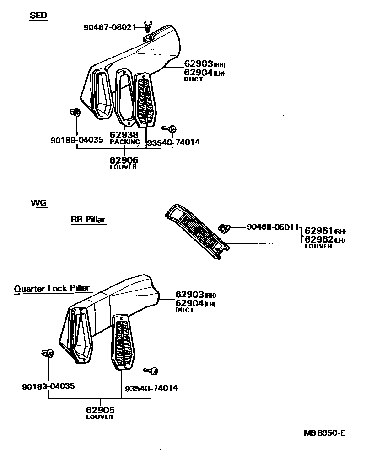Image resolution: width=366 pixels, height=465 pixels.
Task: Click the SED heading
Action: pos(38,16)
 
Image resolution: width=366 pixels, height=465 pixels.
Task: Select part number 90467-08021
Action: pos(110,27)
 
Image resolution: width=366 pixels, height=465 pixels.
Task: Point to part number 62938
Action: pos(124,135)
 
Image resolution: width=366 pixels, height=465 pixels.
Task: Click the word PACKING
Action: pos(124,142)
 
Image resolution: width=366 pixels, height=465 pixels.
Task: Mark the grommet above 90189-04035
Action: pos(75,112)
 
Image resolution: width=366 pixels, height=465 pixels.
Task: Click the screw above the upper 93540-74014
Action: pos(172,129)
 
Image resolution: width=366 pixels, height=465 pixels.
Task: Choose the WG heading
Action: pos(38,203)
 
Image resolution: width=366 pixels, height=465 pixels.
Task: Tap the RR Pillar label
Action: pos(88,220)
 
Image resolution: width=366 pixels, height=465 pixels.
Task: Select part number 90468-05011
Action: pos(273,227)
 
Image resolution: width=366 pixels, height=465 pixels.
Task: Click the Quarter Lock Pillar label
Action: pos(52,289)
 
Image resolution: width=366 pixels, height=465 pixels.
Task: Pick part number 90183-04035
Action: pos(48,386)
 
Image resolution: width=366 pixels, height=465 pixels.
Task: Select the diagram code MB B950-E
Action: pos(323,433)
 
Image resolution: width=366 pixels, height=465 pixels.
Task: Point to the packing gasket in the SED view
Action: pos(124,97)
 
